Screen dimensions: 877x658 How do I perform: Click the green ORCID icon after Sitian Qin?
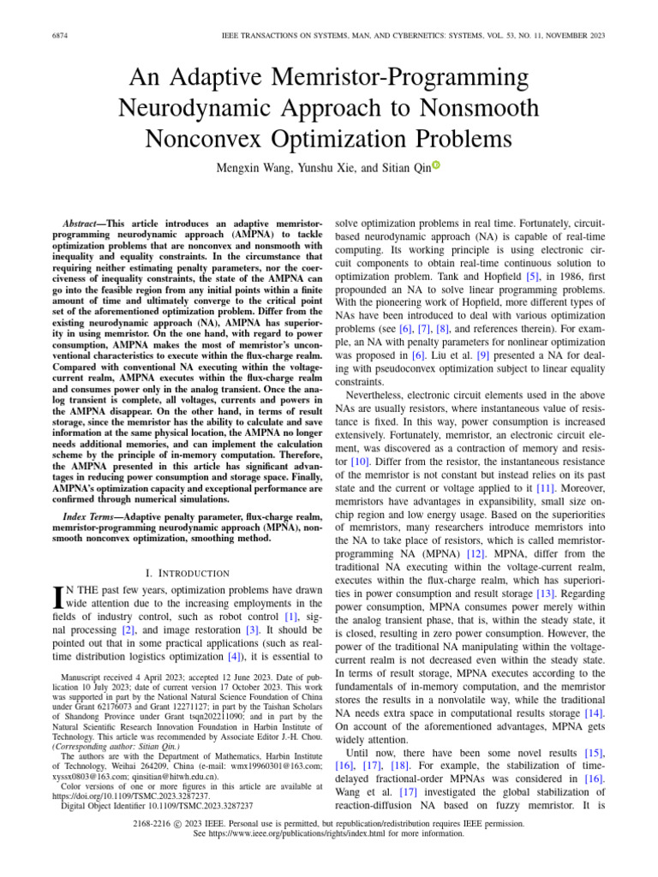click(x=436, y=166)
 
